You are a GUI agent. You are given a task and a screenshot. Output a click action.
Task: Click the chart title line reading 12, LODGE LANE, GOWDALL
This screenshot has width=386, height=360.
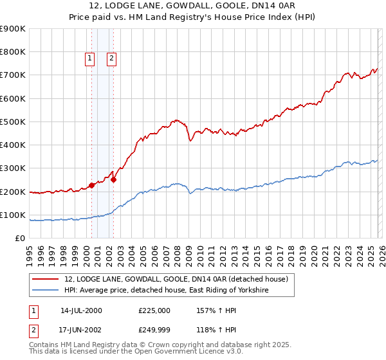click(x=192, y=7)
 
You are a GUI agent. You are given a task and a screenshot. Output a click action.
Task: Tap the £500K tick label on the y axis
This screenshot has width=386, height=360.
click(x=13, y=122)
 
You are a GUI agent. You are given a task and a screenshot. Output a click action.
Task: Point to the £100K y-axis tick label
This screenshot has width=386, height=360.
click(x=13, y=215)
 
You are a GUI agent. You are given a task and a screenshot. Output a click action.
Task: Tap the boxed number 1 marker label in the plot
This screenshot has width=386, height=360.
click(x=89, y=59)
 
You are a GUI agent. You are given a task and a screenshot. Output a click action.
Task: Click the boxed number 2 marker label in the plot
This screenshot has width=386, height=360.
click(x=111, y=59)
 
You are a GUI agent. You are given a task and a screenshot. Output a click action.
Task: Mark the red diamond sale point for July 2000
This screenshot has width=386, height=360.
click(x=91, y=186)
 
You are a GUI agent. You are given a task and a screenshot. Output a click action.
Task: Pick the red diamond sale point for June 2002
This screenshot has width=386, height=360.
click(x=113, y=180)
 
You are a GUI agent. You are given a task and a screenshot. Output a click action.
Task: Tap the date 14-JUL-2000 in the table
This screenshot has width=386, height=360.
click(x=81, y=310)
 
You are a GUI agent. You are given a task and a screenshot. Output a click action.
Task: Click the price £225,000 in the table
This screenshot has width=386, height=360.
click(x=154, y=310)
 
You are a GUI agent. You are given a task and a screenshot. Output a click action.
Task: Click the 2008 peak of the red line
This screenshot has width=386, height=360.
click(x=175, y=120)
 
